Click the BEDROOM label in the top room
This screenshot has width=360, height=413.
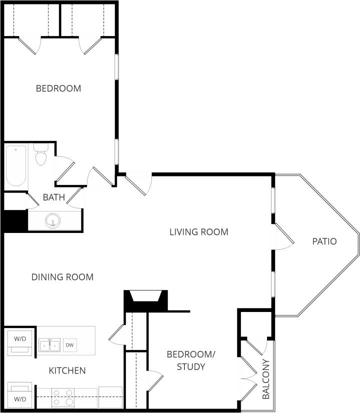(x=58, y=88)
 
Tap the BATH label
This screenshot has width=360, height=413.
(x=53, y=197)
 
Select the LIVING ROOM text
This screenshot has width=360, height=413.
(x=198, y=232)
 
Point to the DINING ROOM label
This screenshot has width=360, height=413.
(x=62, y=277)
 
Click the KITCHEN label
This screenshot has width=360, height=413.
(x=67, y=370)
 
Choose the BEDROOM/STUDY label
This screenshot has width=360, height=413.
(x=190, y=360)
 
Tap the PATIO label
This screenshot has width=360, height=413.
(x=324, y=241)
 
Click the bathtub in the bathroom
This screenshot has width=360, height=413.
(x=15, y=165)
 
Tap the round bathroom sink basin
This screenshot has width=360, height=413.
(x=53, y=220)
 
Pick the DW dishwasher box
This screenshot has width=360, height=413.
(x=69, y=345)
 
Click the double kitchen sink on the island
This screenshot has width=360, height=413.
(x=50, y=345)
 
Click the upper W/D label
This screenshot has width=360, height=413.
(x=20, y=338)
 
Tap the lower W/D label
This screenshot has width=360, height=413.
(x=20, y=398)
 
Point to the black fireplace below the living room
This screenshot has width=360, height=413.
(x=145, y=299)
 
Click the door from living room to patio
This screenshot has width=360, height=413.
(x=283, y=237)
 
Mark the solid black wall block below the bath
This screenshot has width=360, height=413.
(x=14, y=220)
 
